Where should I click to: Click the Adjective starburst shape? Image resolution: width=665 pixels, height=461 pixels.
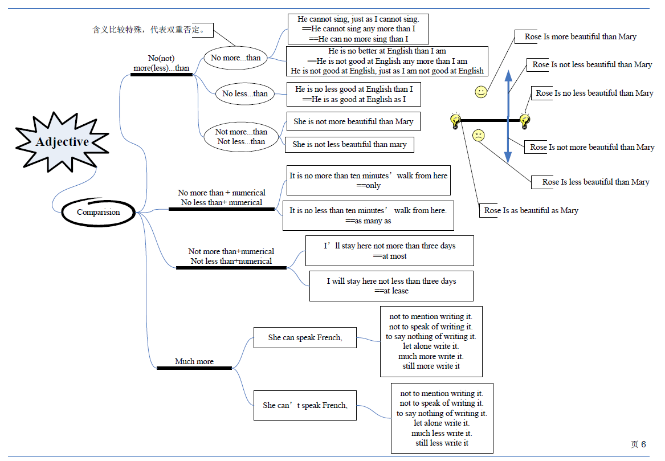pyautogui.click(x=62, y=142)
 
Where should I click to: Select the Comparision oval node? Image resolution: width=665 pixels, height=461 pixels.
pyautogui.click(x=99, y=212)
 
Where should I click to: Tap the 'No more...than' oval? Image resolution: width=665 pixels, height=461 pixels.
pyautogui.click(x=235, y=58)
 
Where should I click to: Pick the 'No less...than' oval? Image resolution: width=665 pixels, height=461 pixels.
pyautogui.click(x=244, y=93)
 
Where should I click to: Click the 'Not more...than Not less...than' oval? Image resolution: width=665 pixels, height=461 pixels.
pyautogui.click(x=241, y=137)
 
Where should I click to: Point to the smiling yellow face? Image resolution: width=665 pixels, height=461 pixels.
pyautogui.click(x=481, y=92)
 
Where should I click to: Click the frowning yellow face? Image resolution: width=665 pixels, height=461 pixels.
pyautogui.click(x=479, y=135)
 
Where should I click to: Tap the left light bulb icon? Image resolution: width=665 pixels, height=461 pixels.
pyautogui.click(x=455, y=121)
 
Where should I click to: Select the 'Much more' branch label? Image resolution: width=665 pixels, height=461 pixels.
pyautogui.click(x=194, y=361)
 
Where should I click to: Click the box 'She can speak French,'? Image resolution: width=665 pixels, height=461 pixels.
pyautogui.click(x=305, y=337)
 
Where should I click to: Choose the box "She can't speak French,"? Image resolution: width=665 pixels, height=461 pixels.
pyautogui.click(x=305, y=406)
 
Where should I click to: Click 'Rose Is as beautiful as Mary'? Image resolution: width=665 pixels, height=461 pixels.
pyautogui.click(x=531, y=210)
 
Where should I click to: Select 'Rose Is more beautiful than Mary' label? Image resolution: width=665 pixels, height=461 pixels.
pyautogui.click(x=580, y=37)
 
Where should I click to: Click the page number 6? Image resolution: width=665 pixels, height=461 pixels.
pyautogui.click(x=643, y=444)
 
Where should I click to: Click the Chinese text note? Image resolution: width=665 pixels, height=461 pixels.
pyautogui.click(x=148, y=30)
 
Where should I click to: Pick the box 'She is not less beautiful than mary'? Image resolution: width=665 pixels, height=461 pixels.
pyautogui.click(x=349, y=145)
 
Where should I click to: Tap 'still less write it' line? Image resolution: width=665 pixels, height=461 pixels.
pyautogui.click(x=442, y=443)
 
